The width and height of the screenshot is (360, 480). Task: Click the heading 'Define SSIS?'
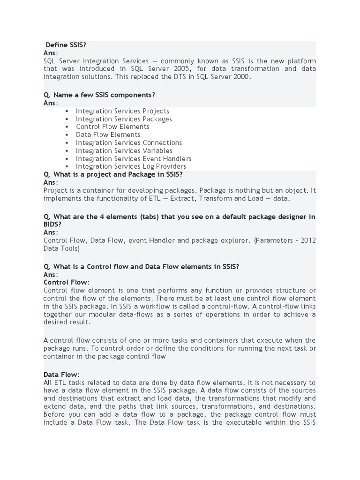coord(66,45)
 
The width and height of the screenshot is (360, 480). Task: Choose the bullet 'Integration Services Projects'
coord(122,111)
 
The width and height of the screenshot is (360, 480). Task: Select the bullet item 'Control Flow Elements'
coord(112,127)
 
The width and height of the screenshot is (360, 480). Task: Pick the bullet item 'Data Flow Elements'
coord(108,135)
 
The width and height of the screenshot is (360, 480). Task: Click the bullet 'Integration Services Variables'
coord(124,150)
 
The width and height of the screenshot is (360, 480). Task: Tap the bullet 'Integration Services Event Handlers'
coord(134,158)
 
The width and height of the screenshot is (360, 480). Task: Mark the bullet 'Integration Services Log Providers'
coord(131,166)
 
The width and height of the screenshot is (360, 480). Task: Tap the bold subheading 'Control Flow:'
coord(66,282)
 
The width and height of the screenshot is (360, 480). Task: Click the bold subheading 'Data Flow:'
coord(61,375)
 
